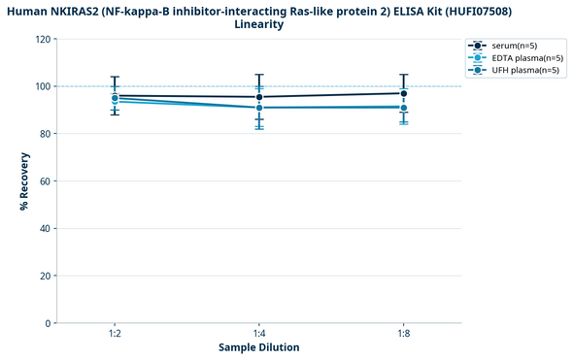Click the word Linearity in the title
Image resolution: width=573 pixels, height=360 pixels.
point(258,24)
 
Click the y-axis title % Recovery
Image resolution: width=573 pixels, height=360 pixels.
point(23,180)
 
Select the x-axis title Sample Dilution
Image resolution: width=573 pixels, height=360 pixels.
point(258,347)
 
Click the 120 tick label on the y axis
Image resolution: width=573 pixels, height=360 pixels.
point(42,39)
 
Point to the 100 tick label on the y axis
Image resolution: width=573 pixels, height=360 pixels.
point(42,86)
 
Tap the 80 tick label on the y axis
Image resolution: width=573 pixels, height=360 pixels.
point(45,134)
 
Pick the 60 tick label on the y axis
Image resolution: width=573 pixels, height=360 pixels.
point(45,181)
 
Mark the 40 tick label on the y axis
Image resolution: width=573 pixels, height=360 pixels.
point(45,229)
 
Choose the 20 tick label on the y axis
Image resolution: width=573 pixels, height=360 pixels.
point(45,277)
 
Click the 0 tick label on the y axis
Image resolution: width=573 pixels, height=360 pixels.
point(48,323)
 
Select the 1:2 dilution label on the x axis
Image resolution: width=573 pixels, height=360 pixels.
point(115,333)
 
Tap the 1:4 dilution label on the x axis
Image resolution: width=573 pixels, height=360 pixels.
point(258,333)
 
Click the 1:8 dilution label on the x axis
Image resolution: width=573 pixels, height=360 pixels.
point(403,333)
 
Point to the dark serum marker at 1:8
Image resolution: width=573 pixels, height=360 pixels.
point(403,93)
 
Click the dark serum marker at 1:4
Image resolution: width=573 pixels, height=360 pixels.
point(258,97)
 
